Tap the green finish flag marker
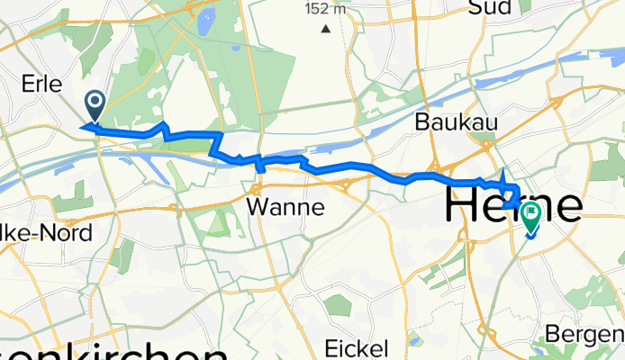click(529, 217)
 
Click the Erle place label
click(41, 85)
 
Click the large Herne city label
click(513, 205)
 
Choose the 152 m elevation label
click(325, 9)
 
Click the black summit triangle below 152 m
click(325, 28)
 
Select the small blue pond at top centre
click(210, 18)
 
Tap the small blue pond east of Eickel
click(415, 341)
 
